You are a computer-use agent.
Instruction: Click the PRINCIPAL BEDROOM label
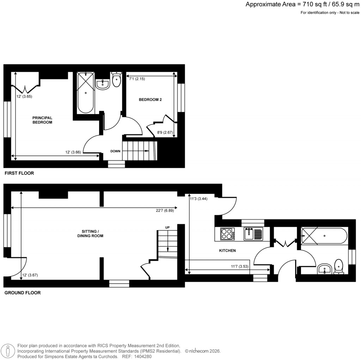pos(42,120)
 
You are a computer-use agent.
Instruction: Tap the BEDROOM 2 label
pos(150,100)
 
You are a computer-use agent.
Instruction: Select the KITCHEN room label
pos(227,251)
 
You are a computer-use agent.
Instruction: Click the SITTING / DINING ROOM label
pos(91,233)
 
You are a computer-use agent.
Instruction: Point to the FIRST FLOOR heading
pos(19,173)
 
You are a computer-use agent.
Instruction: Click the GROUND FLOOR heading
pos(22,293)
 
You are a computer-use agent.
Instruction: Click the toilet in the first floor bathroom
pos(116,80)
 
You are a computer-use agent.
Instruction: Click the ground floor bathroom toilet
pos(339,266)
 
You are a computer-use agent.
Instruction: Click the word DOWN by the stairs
pos(116,151)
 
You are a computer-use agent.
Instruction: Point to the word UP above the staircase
pos(167,227)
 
